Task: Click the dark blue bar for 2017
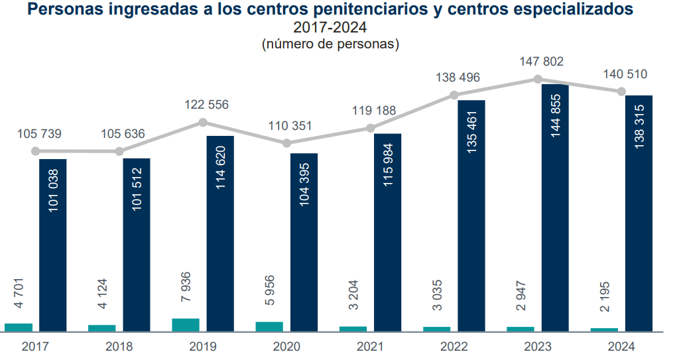point(52,245)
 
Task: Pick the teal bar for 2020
point(269,326)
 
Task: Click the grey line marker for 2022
point(454,95)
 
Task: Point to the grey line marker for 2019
point(203,122)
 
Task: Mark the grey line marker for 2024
point(621,91)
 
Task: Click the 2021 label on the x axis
point(370,346)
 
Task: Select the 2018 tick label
point(119,346)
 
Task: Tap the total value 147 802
point(540,62)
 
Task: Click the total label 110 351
point(290,126)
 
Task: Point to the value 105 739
point(38,134)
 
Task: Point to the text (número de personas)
point(330,44)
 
